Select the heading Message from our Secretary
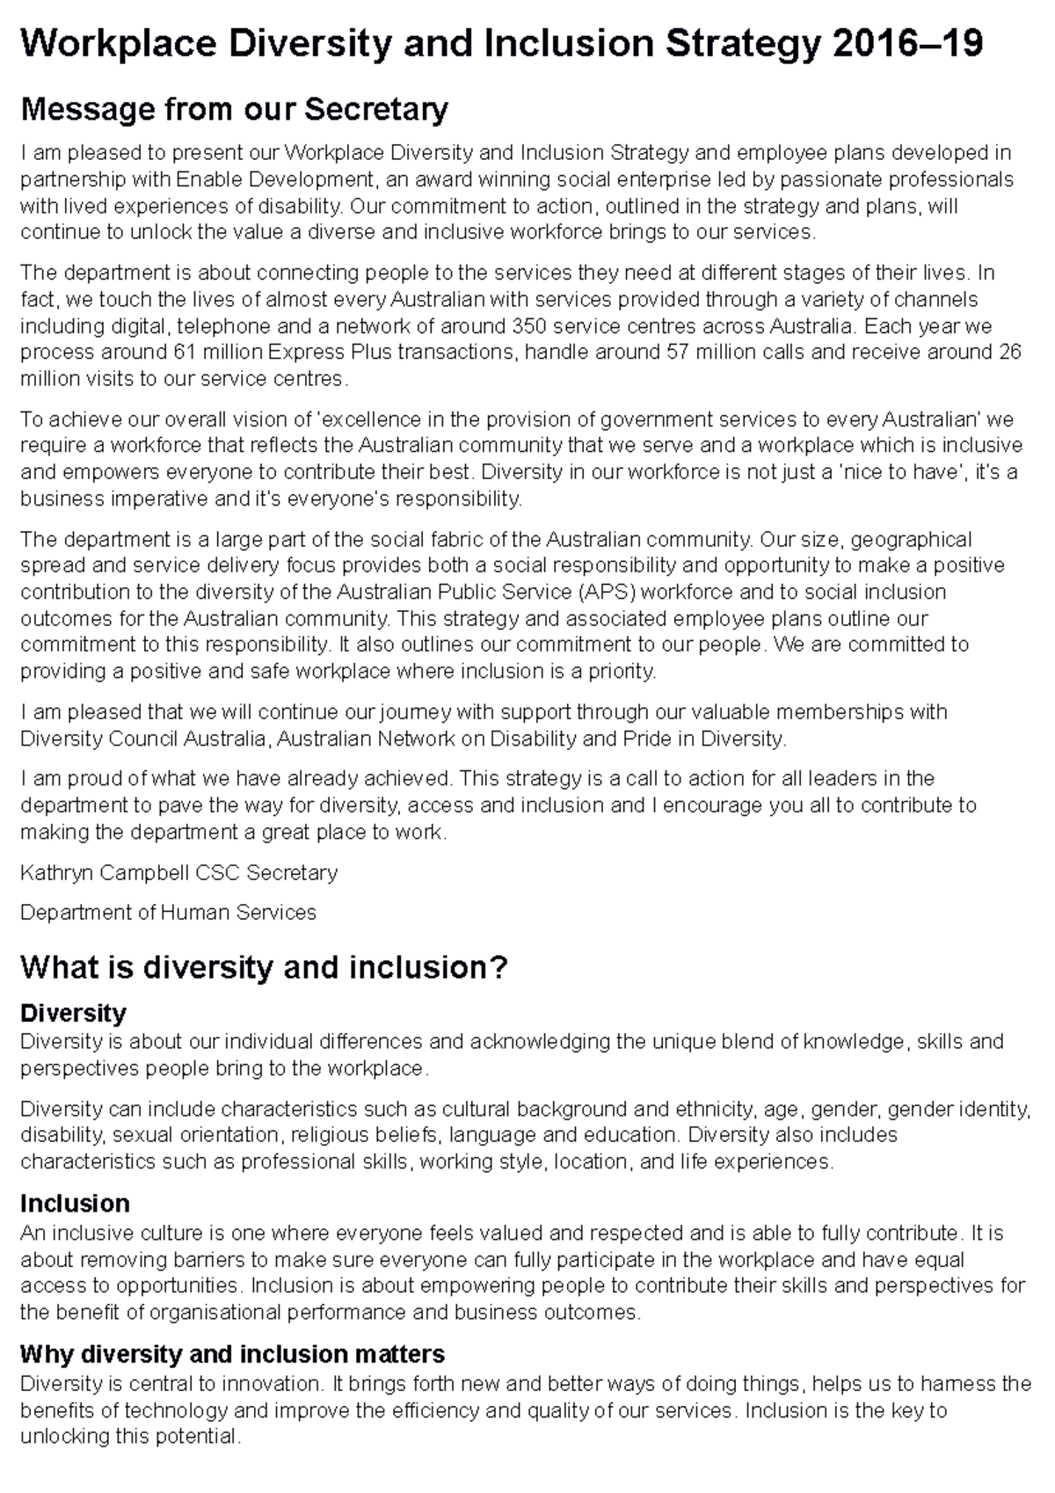click(x=234, y=110)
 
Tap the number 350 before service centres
click(x=530, y=326)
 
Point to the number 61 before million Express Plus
click(x=179, y=353)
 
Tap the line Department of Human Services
click(x=168, y=913)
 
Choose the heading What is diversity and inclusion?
click(x=264, y=968)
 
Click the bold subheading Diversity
click(x=73, y=1013)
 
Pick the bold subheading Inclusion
click(x=75, y=1203)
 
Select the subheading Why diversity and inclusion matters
click(x=232, y=1353)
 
